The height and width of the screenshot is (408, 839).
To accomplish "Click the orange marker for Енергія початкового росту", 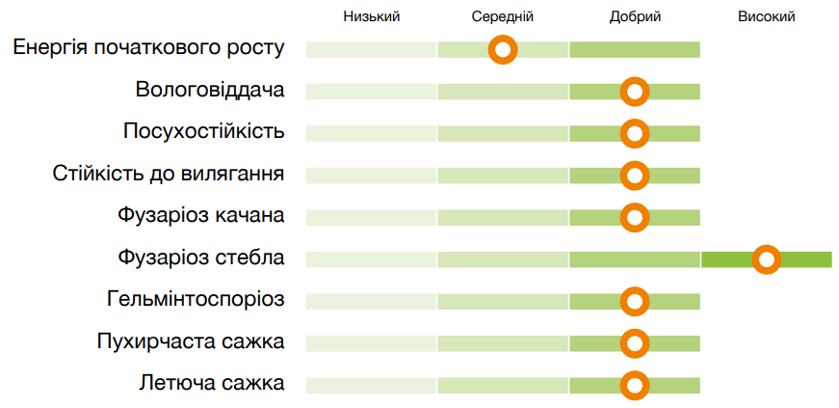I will [x=503, y=49].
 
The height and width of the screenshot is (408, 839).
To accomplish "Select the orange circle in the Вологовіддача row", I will [x=634, y=92].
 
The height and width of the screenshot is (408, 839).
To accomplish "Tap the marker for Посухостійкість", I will [x=634, y=133].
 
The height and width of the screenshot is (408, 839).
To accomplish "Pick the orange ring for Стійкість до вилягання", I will [x=634, y=176].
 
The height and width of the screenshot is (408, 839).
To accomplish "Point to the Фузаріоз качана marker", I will [x=634, y=217].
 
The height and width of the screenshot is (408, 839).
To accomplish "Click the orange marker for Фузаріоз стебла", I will [x=766, y=258].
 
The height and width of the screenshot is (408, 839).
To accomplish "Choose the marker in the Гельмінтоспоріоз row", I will [x=634, y=301].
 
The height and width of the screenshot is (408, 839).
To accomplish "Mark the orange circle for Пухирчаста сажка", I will [x=634, y=342].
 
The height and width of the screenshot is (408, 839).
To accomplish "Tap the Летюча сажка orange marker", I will [x=634, y=385].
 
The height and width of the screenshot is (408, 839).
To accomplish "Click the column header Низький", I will [x=371, y=16].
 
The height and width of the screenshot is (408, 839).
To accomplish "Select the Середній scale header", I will [x=502, y=16].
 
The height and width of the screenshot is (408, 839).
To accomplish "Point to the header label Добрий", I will [x=635, y=16].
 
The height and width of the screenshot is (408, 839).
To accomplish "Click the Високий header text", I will [x=766, y=16].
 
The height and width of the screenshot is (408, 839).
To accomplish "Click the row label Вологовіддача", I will [x=210, y=91].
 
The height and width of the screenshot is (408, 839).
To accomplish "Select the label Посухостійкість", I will [x=203, y=132].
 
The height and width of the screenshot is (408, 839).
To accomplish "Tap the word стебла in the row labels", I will [x=249, y=258].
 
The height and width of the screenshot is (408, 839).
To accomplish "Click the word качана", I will [x=249, y=215].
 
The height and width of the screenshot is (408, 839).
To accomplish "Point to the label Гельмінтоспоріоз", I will [x=196, y=299].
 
